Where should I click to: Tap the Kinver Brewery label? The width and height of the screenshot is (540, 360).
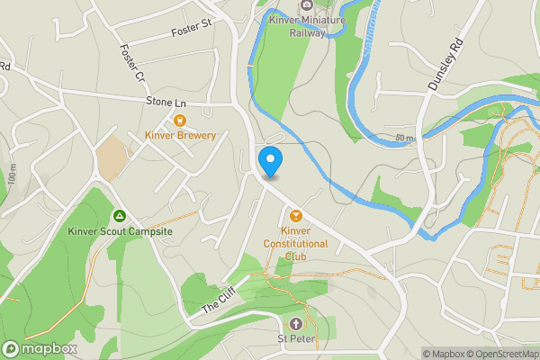point(181,136)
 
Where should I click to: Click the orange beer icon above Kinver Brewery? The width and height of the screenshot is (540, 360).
point(180,120)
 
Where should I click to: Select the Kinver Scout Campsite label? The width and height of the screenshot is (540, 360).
point(120,231)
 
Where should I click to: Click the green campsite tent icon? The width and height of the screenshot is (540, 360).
point(120,216)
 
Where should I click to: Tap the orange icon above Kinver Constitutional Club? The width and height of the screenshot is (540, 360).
point(296,214)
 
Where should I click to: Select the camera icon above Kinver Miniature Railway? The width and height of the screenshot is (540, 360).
point(307,4)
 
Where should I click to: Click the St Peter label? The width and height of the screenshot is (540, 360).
point(296,339)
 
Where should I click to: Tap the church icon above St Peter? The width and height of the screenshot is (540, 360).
point(296,324)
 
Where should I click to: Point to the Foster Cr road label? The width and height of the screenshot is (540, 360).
point(131,64)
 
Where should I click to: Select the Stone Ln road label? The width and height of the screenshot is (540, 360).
point(165,103)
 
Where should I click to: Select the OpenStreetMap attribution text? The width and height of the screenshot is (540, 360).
point(500,354)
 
